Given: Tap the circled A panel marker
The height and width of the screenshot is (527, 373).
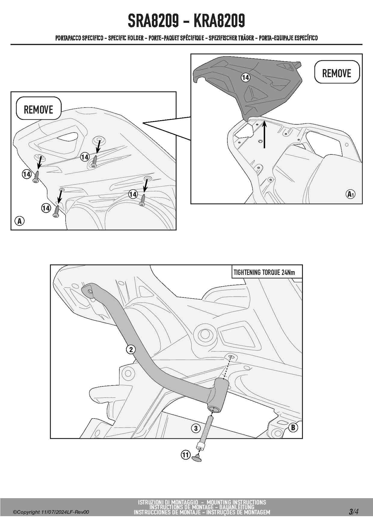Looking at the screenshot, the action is tap(20, 221).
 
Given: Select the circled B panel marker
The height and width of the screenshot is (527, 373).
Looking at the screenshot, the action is tap(293, 427).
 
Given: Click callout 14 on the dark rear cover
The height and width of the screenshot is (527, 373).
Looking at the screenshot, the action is tap(246, 78).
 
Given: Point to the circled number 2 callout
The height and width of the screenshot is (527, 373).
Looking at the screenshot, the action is tap(131, 349).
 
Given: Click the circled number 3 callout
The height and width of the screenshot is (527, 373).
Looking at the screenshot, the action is tap(196, 428).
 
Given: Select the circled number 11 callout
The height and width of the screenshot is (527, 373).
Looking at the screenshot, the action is tap(186, 455).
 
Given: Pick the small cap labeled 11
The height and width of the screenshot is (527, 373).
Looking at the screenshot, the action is tap(197, 458).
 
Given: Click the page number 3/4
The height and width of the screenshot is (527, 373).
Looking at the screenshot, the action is tap(354, 512).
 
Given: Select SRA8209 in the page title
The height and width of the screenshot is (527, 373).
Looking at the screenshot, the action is tap(153, 21).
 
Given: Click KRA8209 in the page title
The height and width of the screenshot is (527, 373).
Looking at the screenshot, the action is tap(219, 21).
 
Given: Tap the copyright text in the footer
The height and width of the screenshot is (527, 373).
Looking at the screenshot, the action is tap(51, 512).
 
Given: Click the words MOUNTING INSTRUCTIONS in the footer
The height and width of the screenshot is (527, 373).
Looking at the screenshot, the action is tap(236, 502).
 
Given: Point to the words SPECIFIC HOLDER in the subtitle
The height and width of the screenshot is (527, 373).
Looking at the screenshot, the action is tap(126, 38).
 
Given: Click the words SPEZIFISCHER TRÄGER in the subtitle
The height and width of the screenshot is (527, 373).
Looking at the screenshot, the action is tap(231, 38).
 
